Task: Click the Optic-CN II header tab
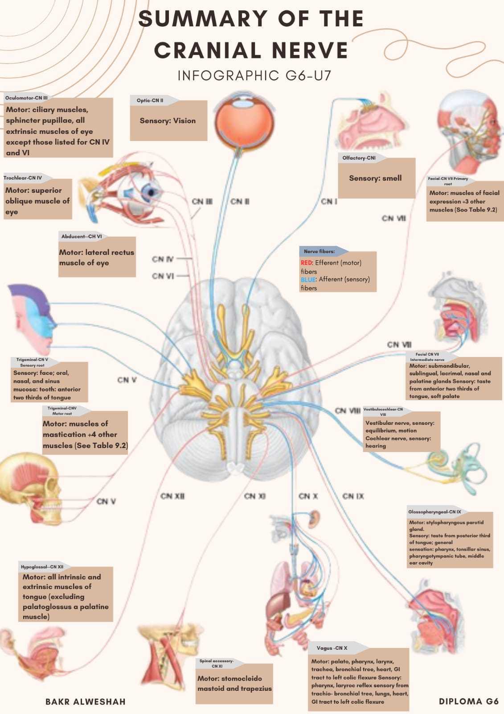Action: tap(150, 100)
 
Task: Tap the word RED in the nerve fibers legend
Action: tap(307, 263)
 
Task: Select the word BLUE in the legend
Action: tap(308, 279)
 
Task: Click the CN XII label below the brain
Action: tap(172, 496)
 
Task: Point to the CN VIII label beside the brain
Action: tap(348, 411)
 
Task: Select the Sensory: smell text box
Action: tap(376, 178)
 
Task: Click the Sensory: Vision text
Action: tap(168, 120)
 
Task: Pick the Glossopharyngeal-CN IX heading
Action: tap(434, 512)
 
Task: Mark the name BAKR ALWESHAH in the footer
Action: tap(86, 702)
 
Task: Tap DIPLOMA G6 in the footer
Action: tap(469, 701)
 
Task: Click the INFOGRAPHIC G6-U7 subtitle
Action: tap(254, 75)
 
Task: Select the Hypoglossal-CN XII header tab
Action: tap(42, 567)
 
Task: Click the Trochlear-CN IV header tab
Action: tap(23, 178)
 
